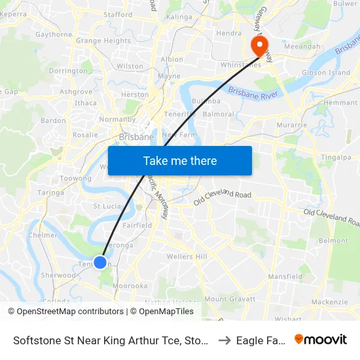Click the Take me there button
pos(180,160)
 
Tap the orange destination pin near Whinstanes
pos(260,46)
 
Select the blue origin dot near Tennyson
pos(100,262)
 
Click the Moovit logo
pos(321,339)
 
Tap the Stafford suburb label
pos(118,14)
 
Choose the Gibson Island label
pos(325,73)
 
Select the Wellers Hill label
pos(187,256)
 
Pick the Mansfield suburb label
pos(285,277)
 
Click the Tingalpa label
pos(337,157)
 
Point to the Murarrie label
pos(292,124)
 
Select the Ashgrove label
pos(76,92)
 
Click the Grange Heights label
pos(103,41)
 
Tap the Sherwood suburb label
pos(59,276)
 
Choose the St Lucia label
pos(107,206)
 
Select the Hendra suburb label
pos(229,33)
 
